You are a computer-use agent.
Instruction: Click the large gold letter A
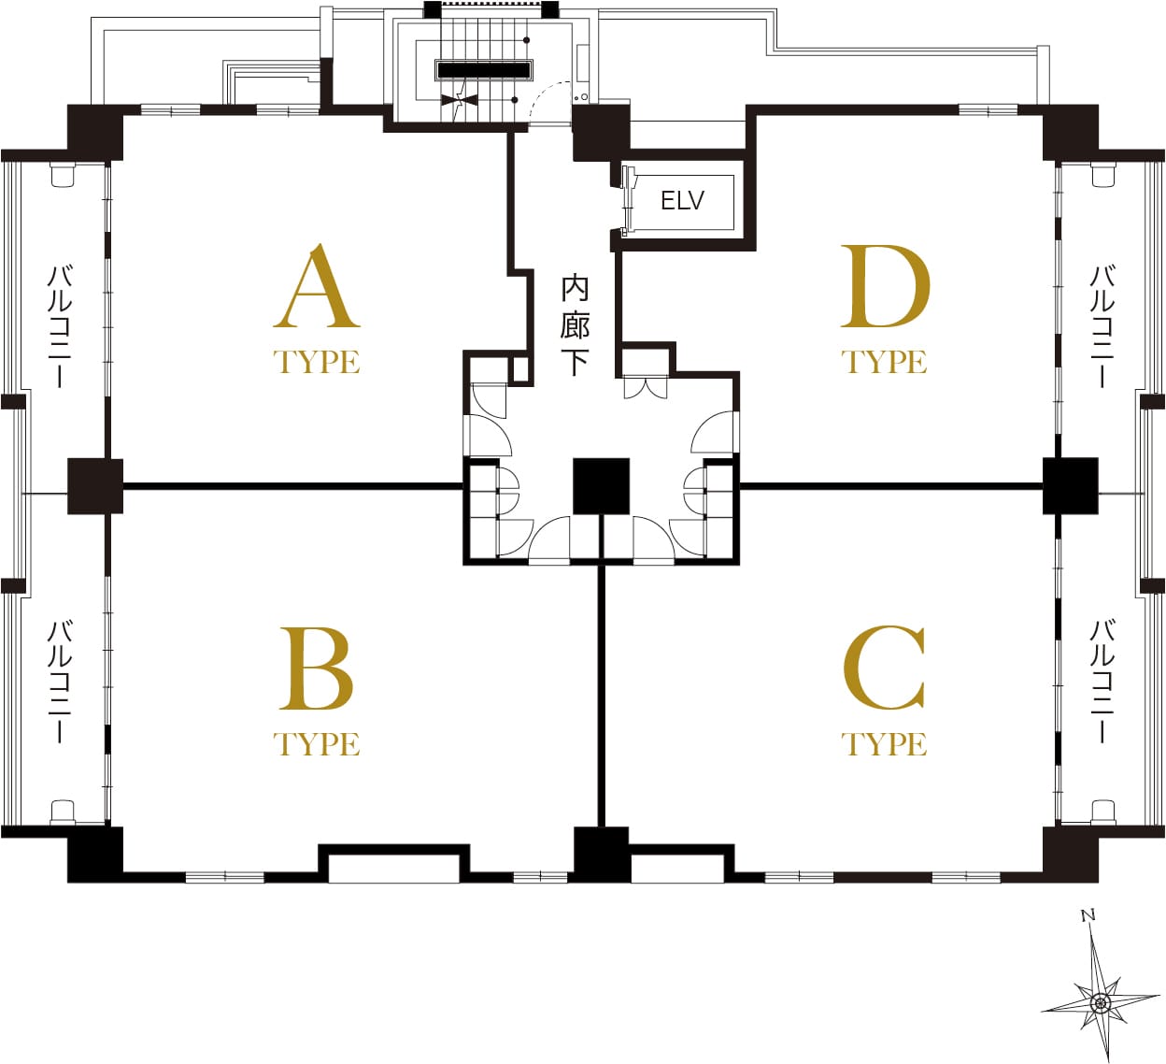pyautogui.click(x=317, y=285)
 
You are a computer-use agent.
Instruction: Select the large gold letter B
pyautogui.click(x=317, y=669)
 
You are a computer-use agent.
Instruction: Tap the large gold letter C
pyautogui.click(x=884, y=668)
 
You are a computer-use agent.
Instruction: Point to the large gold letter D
pyautogui.click(x=886, y=285)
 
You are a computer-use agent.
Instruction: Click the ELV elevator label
pyautogui.click(x=682, y=201)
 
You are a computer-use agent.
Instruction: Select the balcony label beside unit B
pyautogui.click(x=60, y=682)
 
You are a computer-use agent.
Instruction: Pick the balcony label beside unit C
pyautogui.click(x=1102, y=682)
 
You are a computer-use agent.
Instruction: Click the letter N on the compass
pyautogui.click(x=1088, y=915)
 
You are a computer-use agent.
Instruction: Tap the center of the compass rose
pyautogui.click(x=1100, y=1002)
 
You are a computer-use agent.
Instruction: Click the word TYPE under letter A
pyautogui.click(x=317, y=362)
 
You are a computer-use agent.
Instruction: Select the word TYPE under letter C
pyautogui.click(x=884, y=744)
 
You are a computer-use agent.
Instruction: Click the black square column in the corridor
pyautogui.click(x=602, y=486)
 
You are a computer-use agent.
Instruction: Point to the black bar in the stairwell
pyautogui.click(x=484, y=70)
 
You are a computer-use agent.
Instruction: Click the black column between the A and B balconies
pyautogui.click(x=95, y=486)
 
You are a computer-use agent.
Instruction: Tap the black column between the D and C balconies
pyautogui.click(x=1070, y=486)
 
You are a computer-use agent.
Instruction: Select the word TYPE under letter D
pyautogui.click(x=884, y=362)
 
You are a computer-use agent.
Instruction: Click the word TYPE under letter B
pyautogui.click(x=317, y=744)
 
